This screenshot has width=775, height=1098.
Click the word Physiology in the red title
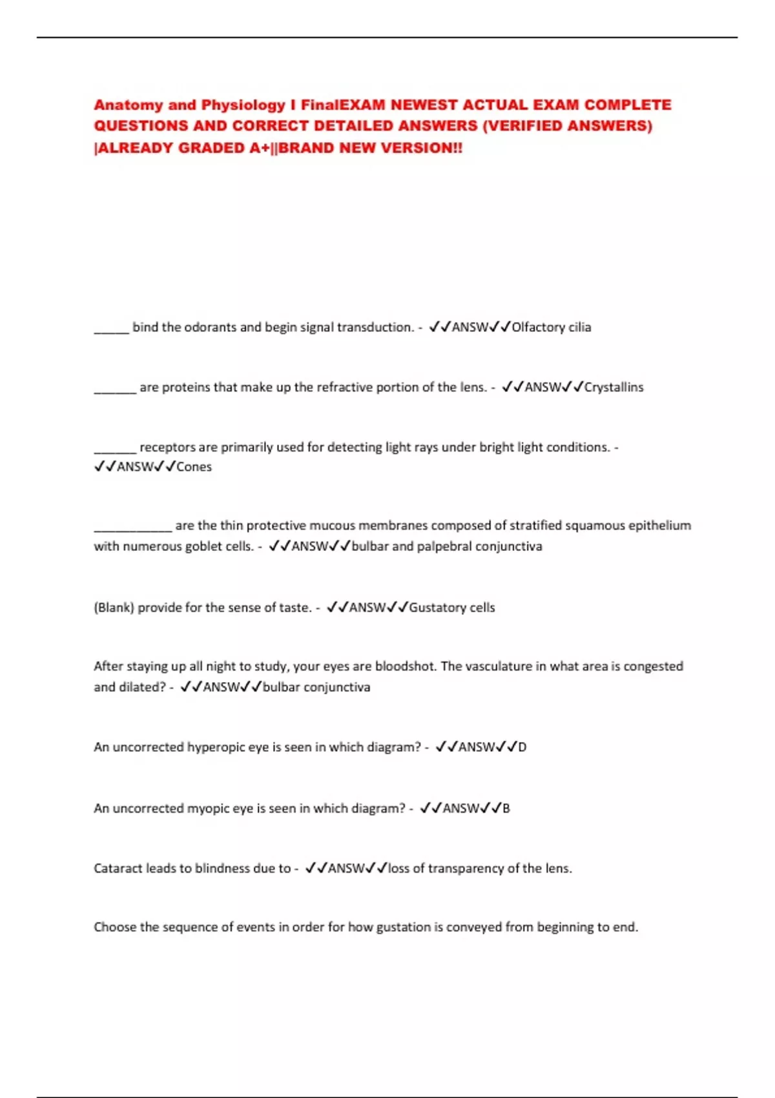(x=243, y=105)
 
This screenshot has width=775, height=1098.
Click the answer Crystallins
(x=614, y=387)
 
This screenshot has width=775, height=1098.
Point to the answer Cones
(x=194, y=467)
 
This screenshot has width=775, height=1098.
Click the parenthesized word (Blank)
(x=114, y=608)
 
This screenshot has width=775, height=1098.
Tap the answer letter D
(x=522, y=747)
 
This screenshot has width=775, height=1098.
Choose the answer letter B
(x=506, y=809)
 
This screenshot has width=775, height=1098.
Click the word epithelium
(x=659, y=526)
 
